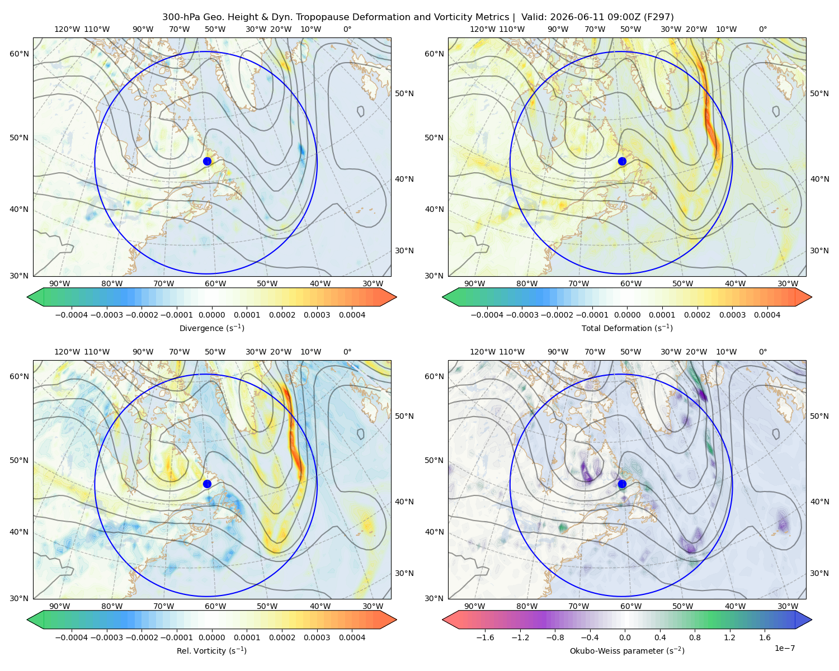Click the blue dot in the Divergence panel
207,162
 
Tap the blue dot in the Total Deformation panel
622,162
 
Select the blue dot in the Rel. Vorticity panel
207,484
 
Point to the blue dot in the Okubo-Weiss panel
622,484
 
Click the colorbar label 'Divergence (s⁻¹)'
211,328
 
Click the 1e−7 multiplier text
784,648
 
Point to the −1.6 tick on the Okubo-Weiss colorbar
486,637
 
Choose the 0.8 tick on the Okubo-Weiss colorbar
695,637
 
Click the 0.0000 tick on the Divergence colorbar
211,315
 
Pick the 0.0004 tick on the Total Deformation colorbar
767,315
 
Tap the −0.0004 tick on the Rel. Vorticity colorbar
72,637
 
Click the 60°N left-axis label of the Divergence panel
19,54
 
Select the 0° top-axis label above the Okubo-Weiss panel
762,352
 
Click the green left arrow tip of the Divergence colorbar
27,297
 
